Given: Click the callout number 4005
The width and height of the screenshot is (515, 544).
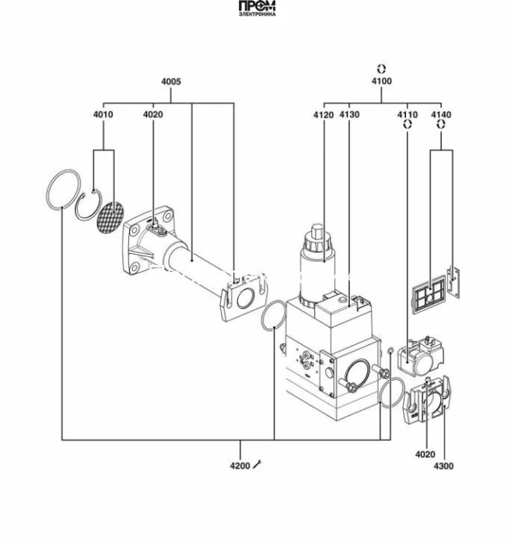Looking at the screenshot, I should (171, 82).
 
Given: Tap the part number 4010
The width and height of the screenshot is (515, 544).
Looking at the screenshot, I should (103, 115).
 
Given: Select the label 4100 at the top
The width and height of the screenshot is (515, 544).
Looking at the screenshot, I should (381, 82).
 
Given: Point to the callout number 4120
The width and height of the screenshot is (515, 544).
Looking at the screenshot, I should (324, 115).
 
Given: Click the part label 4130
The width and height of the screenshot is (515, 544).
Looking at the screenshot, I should (349, 115).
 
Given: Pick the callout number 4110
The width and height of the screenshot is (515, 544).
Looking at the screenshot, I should (407, 115).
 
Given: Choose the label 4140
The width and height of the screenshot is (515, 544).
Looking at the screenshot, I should (440, 115).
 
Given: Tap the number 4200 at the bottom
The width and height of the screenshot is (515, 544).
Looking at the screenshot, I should (239, 466).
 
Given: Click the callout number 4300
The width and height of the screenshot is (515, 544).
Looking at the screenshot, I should (443, 466).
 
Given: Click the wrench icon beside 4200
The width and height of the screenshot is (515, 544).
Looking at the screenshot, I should (258, 465).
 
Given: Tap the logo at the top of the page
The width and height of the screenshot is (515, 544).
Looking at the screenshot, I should (257, 9).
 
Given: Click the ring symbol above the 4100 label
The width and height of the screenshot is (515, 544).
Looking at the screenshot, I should (381, 68).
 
